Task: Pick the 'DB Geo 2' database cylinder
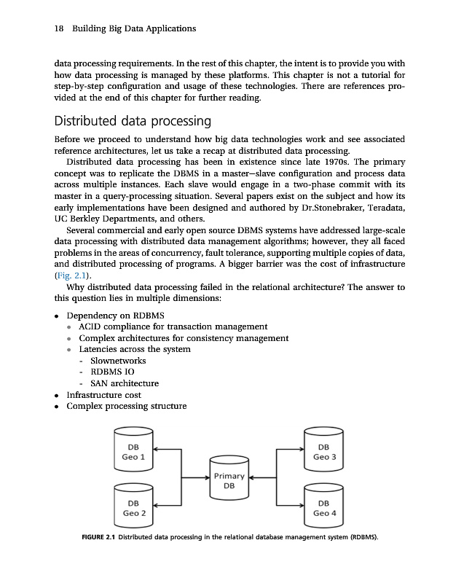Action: (x=133, y=507)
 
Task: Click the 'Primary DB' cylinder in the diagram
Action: (x=229, y=480)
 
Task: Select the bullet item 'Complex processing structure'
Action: (x=126, y=406)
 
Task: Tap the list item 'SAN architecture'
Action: (x=124, y=383)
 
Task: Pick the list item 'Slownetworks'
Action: (x=117, y=361)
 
